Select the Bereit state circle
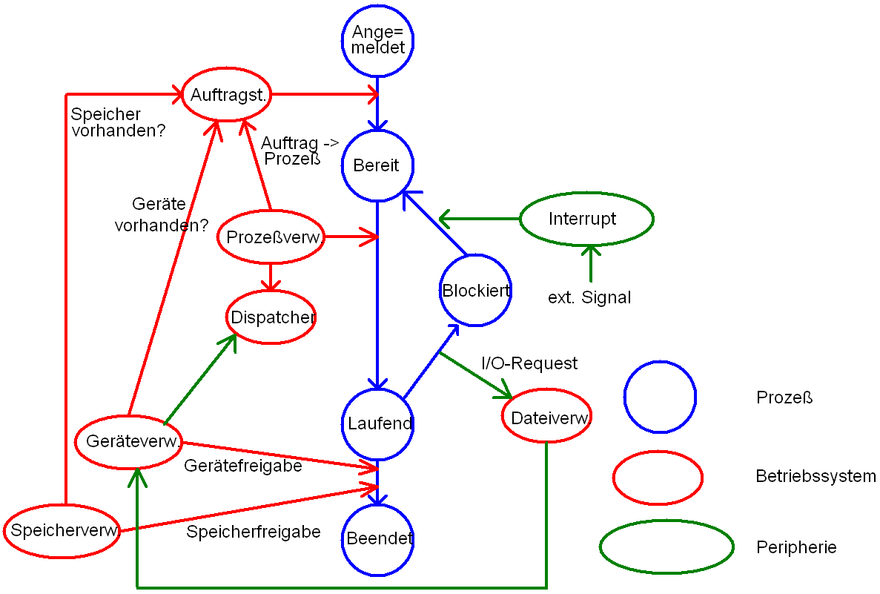pyautogui.click(x=377, y=165)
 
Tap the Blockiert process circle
pyautogui.click(x=475, y=290)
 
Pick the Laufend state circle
pyautogui.click(x=379, y=424)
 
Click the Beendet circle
pyautogui.click(x=379, y=539)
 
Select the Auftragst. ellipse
pyautogui.click(x=228, y=94)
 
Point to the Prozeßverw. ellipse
pyautogui.click(x=271, y=237)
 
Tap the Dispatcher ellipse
pyautogui.click(x=271, y=317)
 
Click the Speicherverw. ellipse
pyautogui.click(x=62, y=530)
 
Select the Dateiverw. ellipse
pyautogui.click(x=548, y=418)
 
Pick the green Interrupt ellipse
pyautogui.click(x=586, y=220)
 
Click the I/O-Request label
pyautogui.click(x=529, y=363)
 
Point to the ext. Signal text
pyautogui.click(x=589, y=298)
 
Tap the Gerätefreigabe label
pyautogui.click(x=243, y=466)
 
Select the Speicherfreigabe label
pyautogui.click(x=254, y=532)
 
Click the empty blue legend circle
pyautogui.click(x=660, y=397)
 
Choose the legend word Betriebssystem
pyautogui.click(x=816, y=476)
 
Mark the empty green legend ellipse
pyautogui.click(x=666, y=547)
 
